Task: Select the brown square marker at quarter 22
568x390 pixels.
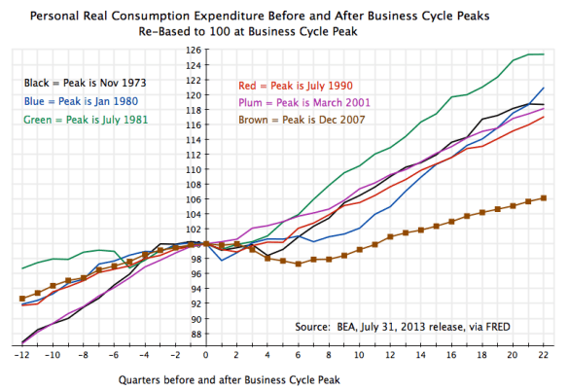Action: (543, 197)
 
